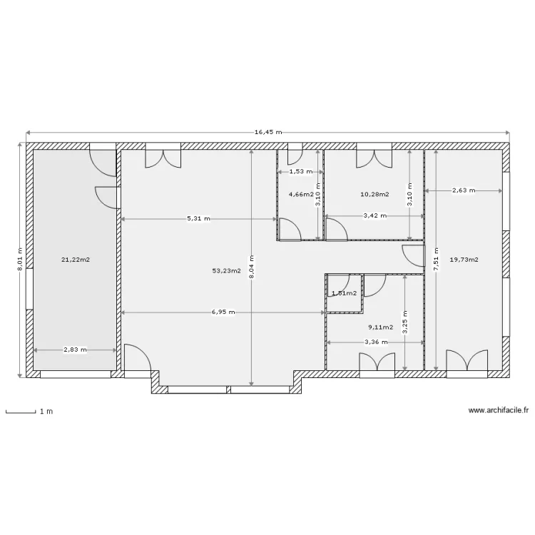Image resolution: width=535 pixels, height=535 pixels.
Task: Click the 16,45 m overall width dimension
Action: (268, 132)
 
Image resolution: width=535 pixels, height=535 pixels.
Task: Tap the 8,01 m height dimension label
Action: (19, 260)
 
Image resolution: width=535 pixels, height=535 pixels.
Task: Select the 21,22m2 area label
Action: (76, 260)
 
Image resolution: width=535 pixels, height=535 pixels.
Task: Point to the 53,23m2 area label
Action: (227, 271)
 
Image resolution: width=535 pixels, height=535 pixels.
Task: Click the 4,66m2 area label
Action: (301, 195)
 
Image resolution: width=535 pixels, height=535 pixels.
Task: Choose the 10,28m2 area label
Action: (374, 195)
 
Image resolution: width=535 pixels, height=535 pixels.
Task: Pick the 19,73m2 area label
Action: (464, 260)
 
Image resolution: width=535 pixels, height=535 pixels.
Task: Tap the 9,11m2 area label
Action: (380, 327)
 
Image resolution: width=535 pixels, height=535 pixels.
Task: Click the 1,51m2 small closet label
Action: (345, 293)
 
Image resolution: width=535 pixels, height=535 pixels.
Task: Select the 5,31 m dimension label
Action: (198, 219)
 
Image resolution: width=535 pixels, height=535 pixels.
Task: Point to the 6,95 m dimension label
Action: (223, 312)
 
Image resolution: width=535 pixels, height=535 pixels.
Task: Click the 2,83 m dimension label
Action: (75, 350)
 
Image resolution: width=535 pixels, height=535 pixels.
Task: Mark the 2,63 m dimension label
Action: (464, 190)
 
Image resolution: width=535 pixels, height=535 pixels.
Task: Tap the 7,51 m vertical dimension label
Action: (436, 260)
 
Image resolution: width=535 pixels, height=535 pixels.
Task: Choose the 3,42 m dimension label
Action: (375, 215)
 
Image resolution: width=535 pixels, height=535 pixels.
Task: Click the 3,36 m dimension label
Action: (376, 342)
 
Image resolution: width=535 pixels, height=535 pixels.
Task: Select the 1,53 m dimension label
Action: (301, 172)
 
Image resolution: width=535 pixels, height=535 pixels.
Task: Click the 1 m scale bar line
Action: (21, 413)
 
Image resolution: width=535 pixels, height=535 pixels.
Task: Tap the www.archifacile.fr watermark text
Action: (499, 410)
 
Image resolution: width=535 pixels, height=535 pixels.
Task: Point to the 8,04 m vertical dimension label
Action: (252, 267)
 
